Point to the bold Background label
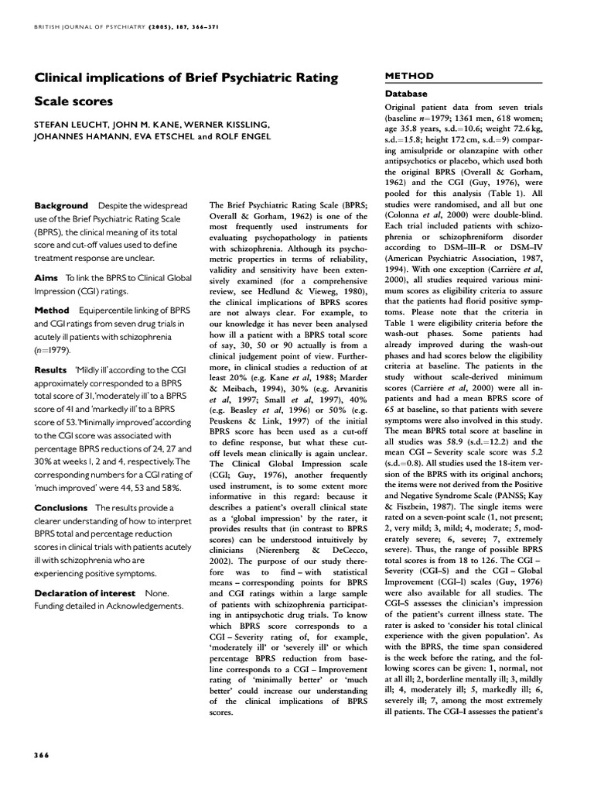coord(61,206)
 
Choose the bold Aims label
coord(47,277)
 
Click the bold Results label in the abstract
coord(51,370)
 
